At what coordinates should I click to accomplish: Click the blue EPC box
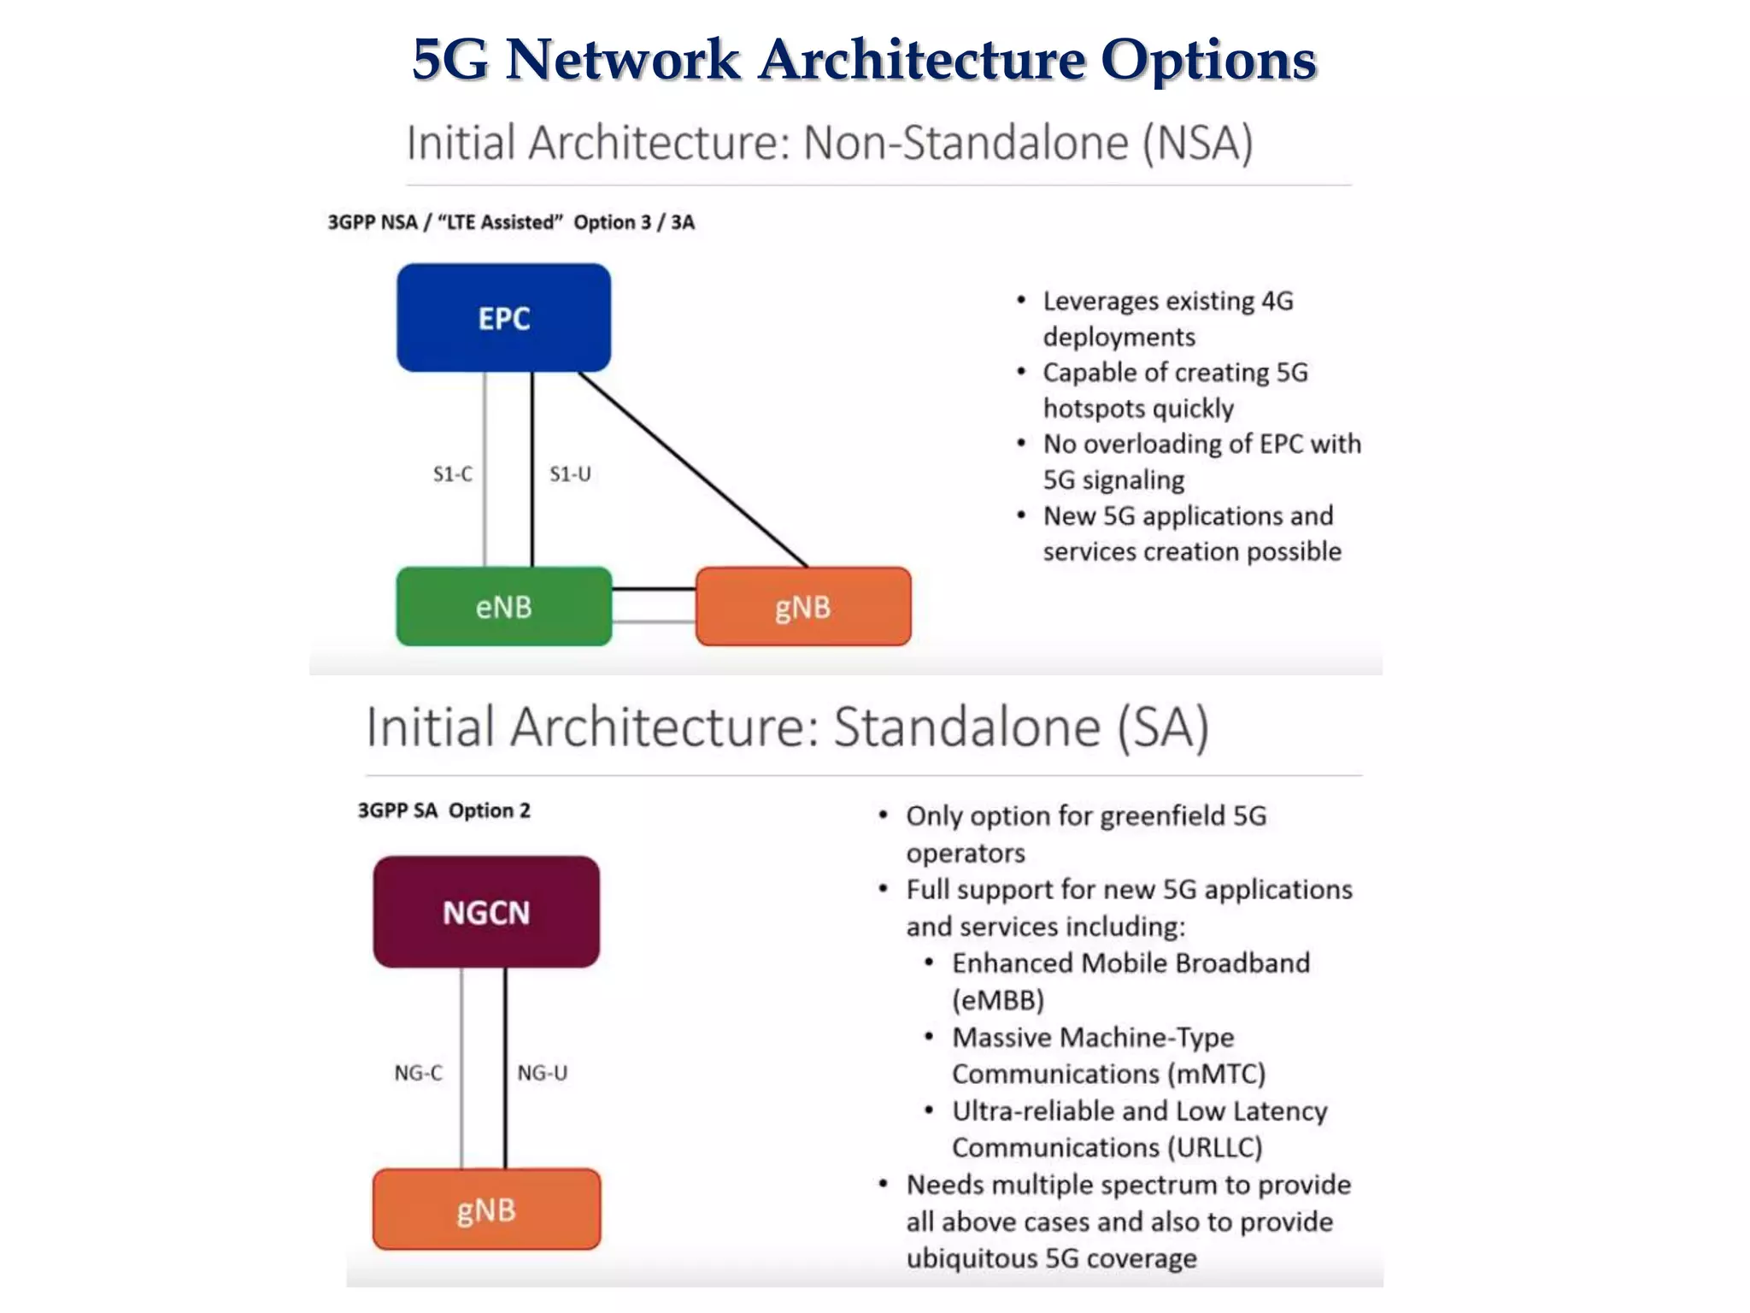[x=503, y=318]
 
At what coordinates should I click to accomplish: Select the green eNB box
[x=503, y=607]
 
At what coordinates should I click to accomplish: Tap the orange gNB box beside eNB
[x=802, y=607]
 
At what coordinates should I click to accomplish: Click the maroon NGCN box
[x=486, y=912]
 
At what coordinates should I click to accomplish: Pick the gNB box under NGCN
[x=486, y=1210]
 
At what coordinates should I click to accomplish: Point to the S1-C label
[x=452, y=474]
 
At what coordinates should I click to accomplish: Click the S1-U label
[x=570, y=474]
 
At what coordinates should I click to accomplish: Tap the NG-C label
[x=418, y=1073]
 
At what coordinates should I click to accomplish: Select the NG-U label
[x=542, y=1073]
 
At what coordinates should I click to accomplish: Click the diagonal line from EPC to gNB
[x=692, y=469]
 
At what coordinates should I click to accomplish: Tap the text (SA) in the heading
[x=1163, y=727]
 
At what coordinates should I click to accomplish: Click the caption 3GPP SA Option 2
[x=443, y=810]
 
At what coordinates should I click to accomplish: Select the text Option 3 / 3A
[x=633, y=222]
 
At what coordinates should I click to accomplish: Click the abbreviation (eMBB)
[x=998, y=1000]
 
